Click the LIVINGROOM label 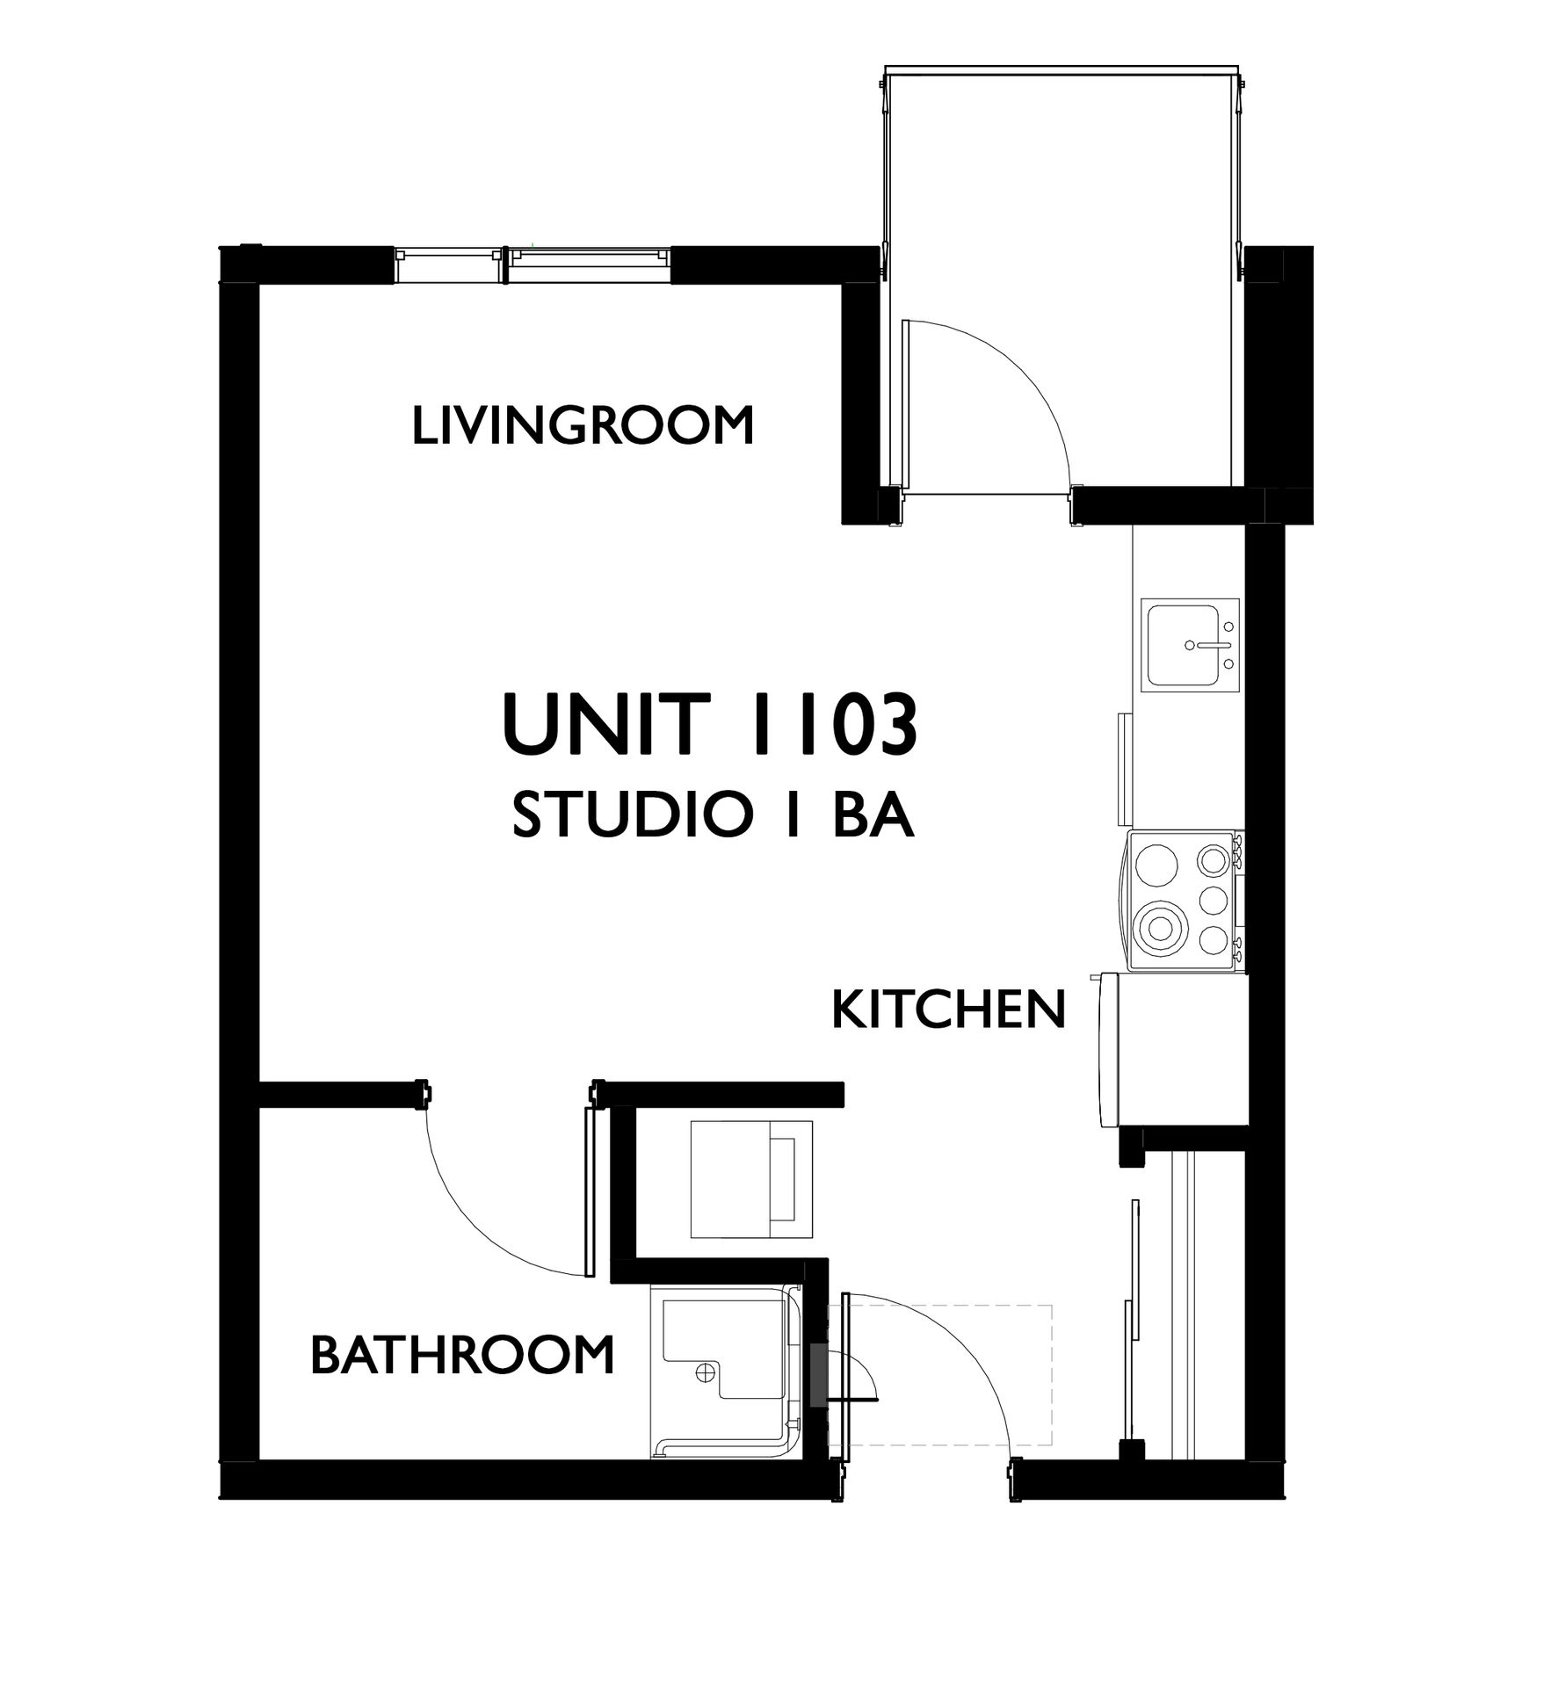pos(583,425)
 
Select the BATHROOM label pos(462,1355)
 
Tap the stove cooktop pos(1183,901)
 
